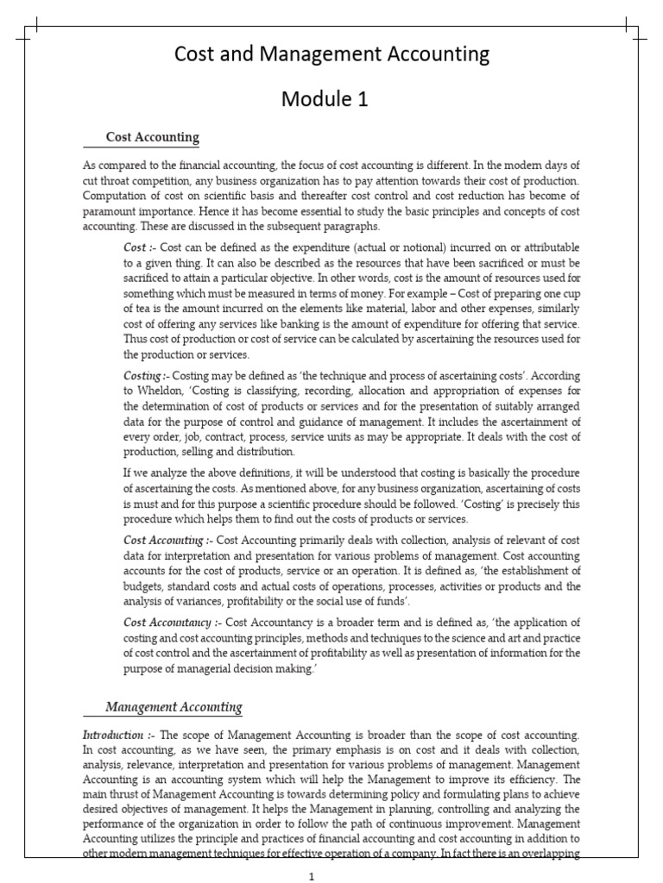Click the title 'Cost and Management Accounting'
pyautogui.click(x=331, y=55)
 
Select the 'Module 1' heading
pyautogui.click(x=325, y=99)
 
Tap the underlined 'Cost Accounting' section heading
pyautogui.click(x=152, y=137)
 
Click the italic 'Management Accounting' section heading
pyautogui.click(x=174, y=707)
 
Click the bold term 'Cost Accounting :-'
pyautogui.click(x=165, y=540)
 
